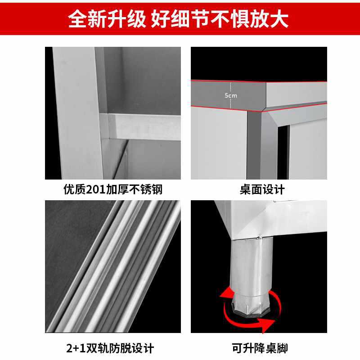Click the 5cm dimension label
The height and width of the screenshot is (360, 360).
pyautogui.click(x=230, y=95)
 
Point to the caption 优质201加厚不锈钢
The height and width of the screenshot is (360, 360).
pyautogui.click(x=112, y=189)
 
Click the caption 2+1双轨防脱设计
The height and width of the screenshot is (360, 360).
pyautogui.click(x=112, y=348)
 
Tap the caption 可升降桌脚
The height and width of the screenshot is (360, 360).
pyautogui.click(x=260, y=348)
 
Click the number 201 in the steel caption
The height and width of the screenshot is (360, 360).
pyautogui.click(x=95, y=189)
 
